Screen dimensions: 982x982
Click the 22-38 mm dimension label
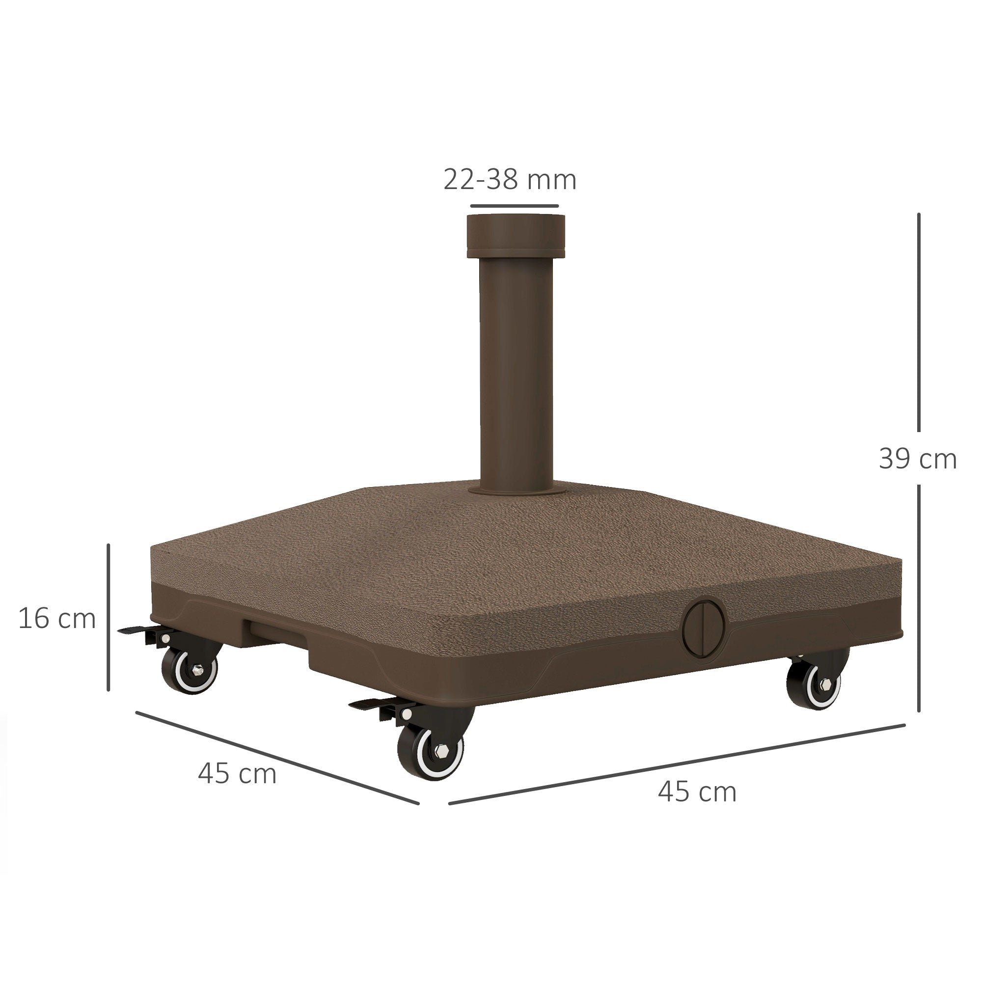(510, 179)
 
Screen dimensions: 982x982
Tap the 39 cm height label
(918, 459)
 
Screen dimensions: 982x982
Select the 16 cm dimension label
(57, 619)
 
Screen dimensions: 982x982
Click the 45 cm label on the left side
(237, 774)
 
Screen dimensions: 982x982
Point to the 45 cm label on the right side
(697, 791)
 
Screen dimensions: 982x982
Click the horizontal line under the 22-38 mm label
(515, 206)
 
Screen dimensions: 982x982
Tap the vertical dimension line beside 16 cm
(108, 617)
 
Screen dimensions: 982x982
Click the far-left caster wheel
(190, 670)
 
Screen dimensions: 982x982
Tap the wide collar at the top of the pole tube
(515, 237)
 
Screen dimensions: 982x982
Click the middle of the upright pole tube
(516, 371)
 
